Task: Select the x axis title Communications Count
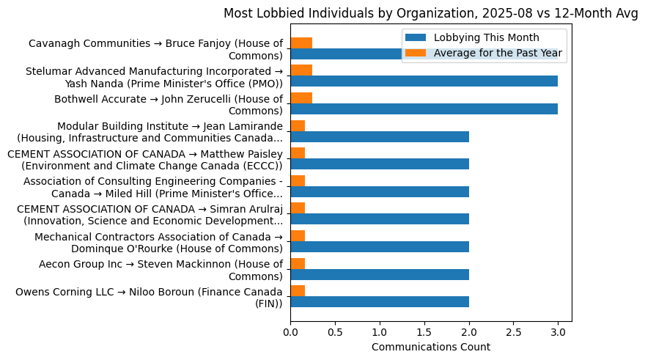coord(431,347)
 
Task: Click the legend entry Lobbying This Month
coord(486,37)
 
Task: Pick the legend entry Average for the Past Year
coord(498,52)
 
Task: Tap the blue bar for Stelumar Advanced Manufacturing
coord(424,81)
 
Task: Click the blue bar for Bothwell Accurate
coord(424,109)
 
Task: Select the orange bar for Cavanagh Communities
coord(301,43)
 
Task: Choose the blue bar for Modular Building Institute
coord(380,136)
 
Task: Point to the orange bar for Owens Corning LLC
coord(298,291)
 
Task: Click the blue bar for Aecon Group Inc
coord(380,274)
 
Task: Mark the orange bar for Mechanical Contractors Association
coord(298,236)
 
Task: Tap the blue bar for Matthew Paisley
coord(380,164)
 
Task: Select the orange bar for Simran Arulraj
coord(298,208)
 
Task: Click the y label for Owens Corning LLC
coord(149,298)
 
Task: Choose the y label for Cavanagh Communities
coord(155,49)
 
